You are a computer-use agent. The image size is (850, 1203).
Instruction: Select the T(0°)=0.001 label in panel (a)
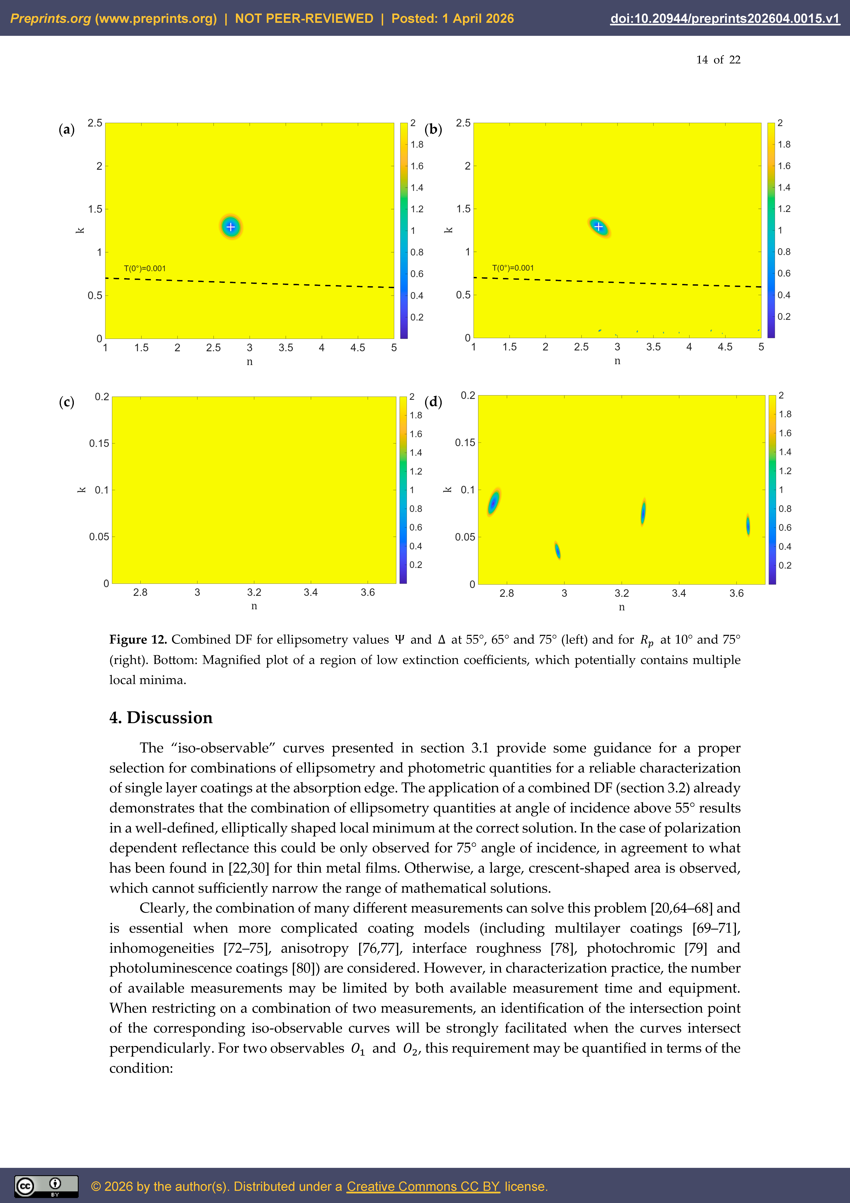(x=145, y=268)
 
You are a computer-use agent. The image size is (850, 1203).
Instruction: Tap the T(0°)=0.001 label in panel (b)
(x=513, y=268)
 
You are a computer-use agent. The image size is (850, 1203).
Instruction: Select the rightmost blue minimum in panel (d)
(x=748, y=525)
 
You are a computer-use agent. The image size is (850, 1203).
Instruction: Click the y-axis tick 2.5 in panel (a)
(x=95, y=123)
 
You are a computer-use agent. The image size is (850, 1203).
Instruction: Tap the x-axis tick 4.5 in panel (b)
(x=725, y=347)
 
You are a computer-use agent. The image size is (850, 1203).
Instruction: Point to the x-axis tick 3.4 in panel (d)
(x=679, y=593)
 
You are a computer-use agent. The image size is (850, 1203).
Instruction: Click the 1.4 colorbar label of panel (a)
(x=417, y=188)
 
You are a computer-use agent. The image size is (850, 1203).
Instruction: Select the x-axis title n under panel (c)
(x=254, y=606)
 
